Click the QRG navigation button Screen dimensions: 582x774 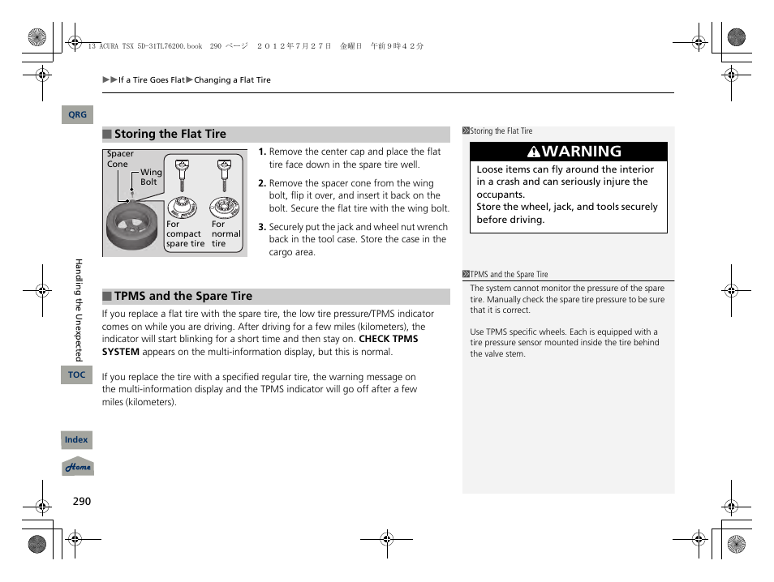[x=77, y=115]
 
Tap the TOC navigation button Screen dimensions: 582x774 [x=76, y=374]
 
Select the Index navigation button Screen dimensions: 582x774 [x=76, y=440]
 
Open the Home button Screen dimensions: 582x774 [x=78, y=468]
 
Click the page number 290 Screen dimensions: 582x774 [x=82, y=502]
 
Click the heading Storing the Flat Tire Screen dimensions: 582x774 [x=170, y=135]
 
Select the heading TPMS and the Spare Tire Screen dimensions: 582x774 [x=183, y=297]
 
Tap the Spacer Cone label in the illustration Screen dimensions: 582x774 [x=120, y=159]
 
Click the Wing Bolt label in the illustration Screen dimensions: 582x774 [x=151, y=177]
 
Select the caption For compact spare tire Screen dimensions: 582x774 [x=185, y=234]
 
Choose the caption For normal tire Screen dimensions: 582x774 [x=226, y=234]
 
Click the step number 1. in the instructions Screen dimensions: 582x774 [x=262, y=152]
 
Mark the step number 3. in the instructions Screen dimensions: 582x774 [x=262, y=228]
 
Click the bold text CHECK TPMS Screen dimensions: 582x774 [x=388, y=339]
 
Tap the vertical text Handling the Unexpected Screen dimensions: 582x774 [x=79, y=310]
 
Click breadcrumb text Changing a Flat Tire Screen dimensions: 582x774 [x=232, y=80]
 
